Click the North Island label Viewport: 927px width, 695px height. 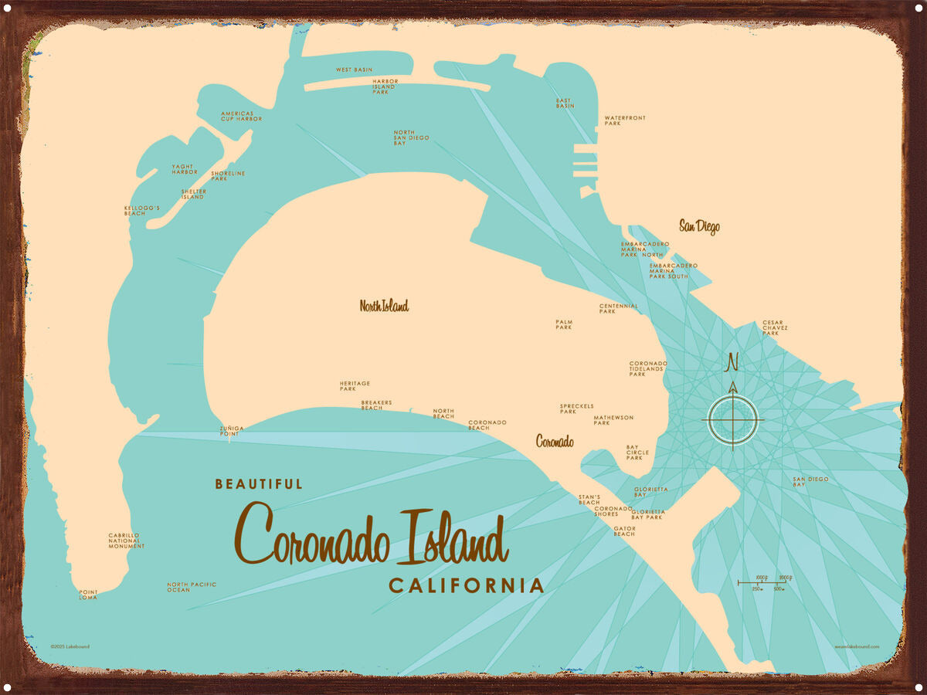pos(384,306)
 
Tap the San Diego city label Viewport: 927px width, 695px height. pos(699,226)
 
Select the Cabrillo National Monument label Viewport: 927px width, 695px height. pos(126,541)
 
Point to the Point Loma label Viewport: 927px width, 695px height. pos(88,594)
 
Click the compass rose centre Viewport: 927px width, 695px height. pos(732,421)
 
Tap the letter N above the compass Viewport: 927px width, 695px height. pos(732,361)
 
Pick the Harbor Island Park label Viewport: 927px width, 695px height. pos(384,85)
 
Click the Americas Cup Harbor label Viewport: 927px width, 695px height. pos(241,116)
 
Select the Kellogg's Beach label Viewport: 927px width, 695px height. pos(141,210)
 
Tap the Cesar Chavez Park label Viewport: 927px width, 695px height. pos(776,327)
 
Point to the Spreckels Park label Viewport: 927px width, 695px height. pos(577,409)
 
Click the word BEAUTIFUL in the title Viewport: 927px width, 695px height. pos(259,484)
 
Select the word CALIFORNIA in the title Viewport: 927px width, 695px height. pos(466,585)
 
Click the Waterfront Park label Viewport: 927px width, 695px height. pos(624,120)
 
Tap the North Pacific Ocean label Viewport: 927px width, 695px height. pos(192,587)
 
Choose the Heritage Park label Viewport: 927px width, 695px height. pos(355,386)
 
